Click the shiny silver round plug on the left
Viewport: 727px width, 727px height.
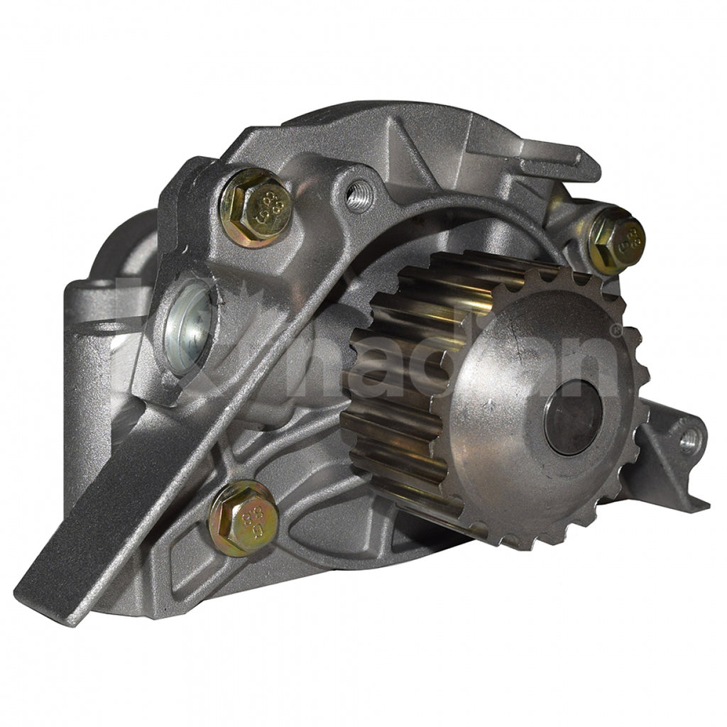(188, 327)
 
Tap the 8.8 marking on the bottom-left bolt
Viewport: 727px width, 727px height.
(248, 516)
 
